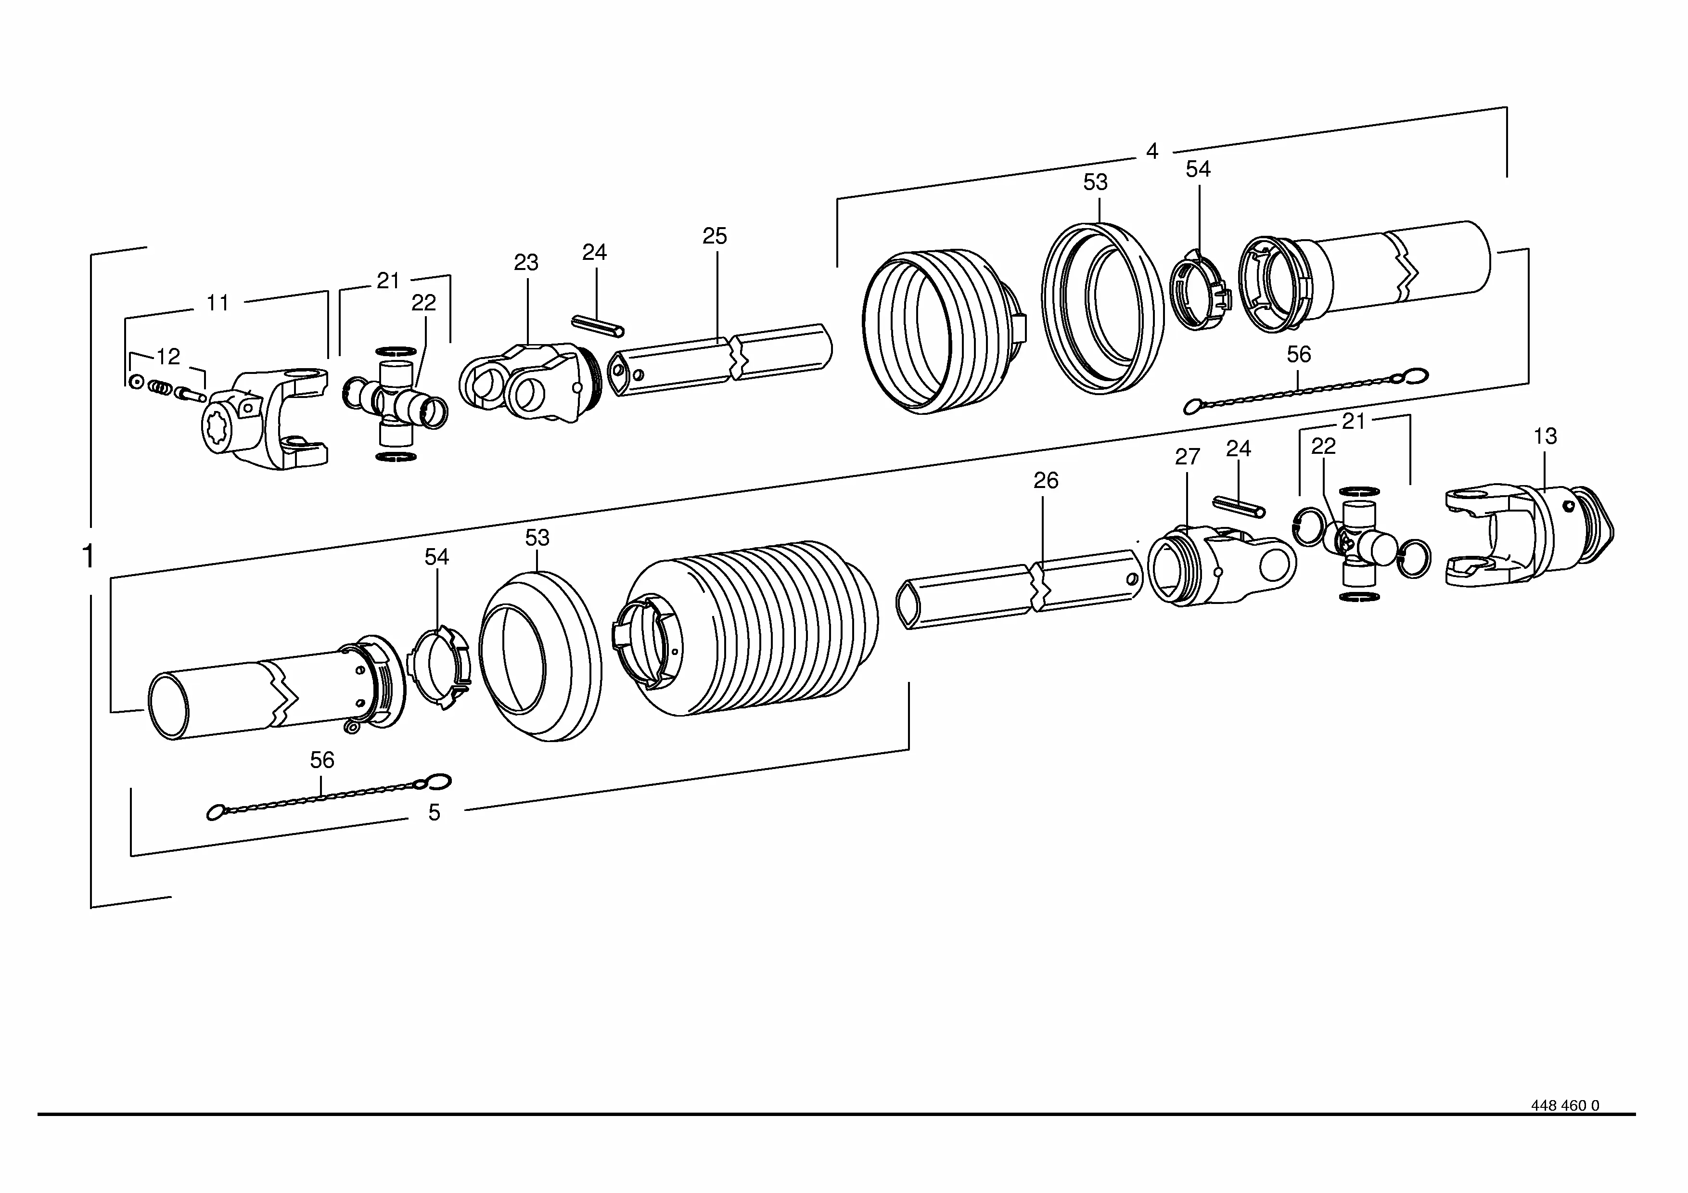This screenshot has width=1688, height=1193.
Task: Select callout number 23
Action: coord(525,262)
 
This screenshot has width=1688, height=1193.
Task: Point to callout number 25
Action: coord(715,236)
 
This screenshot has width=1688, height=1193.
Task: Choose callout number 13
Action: coord(1545,436)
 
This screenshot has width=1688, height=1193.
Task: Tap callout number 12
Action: coord(168,357)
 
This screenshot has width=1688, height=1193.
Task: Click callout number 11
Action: coord(217,302)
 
